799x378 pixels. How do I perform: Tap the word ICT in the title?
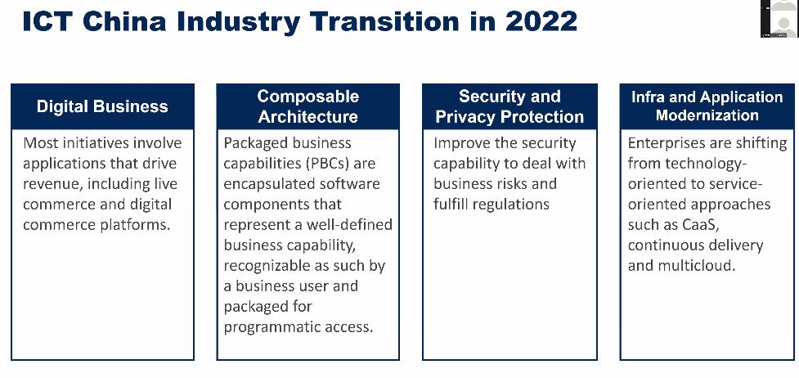coord(48,21)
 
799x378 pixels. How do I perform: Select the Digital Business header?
coord(102,106)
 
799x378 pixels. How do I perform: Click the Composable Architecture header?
coord(307,106)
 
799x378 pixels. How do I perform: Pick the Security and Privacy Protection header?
coord(509,106)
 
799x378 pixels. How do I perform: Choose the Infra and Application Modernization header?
coord(707,106)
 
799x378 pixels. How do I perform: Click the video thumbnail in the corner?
coord(779,18)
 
